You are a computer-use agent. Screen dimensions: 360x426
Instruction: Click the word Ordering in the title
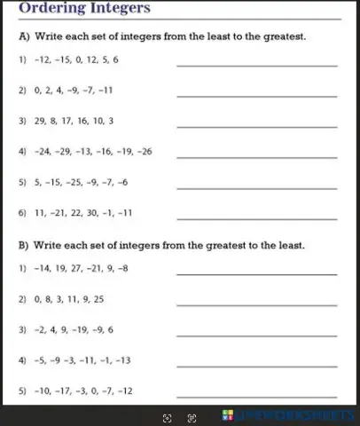tap(45, 9)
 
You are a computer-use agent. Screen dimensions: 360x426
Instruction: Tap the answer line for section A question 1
tap(257, 65)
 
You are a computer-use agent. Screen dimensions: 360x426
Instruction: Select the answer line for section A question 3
tap(257, 126)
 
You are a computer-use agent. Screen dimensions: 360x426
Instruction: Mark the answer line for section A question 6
tap(257, 218)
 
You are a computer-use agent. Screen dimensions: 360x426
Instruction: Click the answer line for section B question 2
tap(257, 305)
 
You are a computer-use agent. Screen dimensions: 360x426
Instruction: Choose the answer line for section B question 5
tap(257, 396)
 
